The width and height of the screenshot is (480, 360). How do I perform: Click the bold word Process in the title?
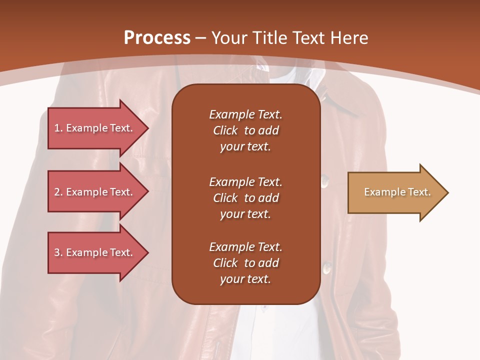pos(157,38)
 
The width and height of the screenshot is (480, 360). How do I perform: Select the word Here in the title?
pos(349,38)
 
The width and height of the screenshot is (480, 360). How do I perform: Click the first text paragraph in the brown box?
pos(245,130)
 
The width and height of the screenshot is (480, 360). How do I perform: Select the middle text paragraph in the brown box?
pos(245,198)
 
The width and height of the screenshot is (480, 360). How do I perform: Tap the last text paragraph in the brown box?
pos(245,263)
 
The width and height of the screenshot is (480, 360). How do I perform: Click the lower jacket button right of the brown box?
pos(327,268)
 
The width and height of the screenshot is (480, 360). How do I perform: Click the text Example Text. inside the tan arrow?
pos(397,192)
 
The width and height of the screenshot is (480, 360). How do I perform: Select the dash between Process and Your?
pos(201,38)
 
